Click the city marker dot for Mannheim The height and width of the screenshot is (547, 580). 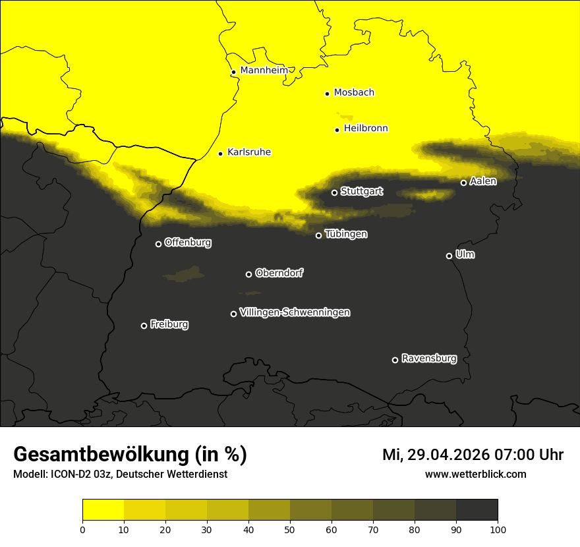(x=233, y=72)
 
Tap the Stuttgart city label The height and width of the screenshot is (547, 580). (x=361, y=192)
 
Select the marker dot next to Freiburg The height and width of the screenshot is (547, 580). (x=144, y=326)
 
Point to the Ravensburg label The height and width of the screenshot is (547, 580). (x=429, y=359)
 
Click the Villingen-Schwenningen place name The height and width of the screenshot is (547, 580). (x=295, y=312)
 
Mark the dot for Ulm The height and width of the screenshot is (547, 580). (x=449, y=256)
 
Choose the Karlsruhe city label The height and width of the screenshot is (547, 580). (x=249, y=152)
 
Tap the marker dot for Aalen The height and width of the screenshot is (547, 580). (x=463, y=183)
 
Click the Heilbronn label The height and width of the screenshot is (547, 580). (x=366, y=129)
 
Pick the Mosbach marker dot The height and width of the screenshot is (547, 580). (x=327, y=94)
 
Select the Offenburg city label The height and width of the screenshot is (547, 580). (x=188, y=243)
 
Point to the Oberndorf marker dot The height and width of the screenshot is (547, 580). (x=248, y=274)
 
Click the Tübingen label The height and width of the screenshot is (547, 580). (x=346, y=234)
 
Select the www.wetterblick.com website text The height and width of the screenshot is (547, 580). (x=476, y=474)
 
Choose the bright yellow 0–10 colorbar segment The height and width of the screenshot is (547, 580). (x=103, y=510)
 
